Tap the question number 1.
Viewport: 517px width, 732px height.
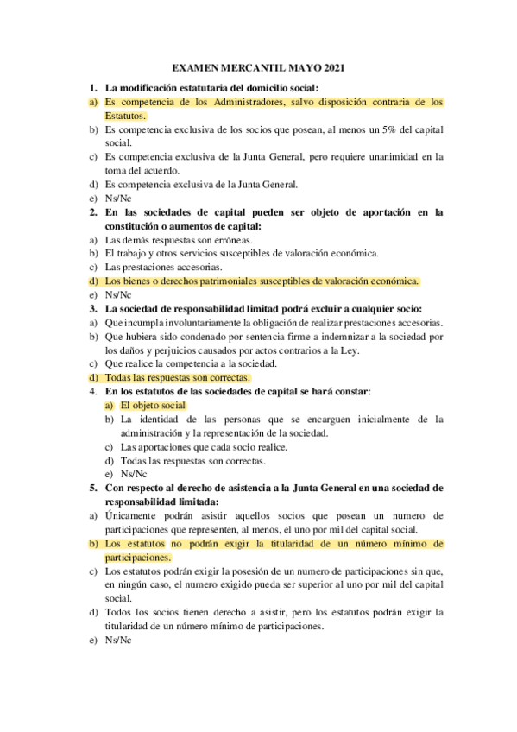click(93, 88)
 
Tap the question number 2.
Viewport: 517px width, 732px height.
click(93, 211)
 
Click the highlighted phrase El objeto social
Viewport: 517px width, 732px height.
click(154, 405)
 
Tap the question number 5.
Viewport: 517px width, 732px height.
click(93, 488)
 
